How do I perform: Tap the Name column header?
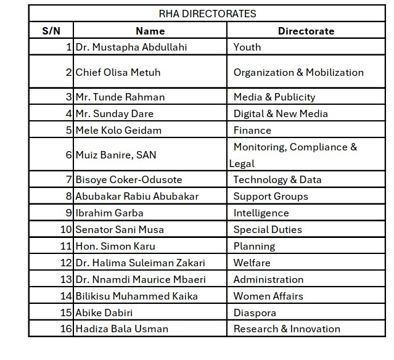coord(150,31)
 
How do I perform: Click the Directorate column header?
coord(306,31)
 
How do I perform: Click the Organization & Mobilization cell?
coord(298,72)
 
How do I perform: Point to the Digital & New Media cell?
coord(281,113)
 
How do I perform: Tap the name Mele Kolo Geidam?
coord(118,130)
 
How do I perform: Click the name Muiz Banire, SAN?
coord(116,155)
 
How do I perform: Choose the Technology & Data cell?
coord(277,180)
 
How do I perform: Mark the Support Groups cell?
coord(271,197)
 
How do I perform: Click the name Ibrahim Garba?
coord(109,213)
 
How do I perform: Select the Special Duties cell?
coord(268,230)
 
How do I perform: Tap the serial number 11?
coord(66,247)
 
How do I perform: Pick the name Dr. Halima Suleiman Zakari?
coord(140,263)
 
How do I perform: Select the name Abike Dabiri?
coord(104,313)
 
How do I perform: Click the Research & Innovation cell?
coord(287,329)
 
